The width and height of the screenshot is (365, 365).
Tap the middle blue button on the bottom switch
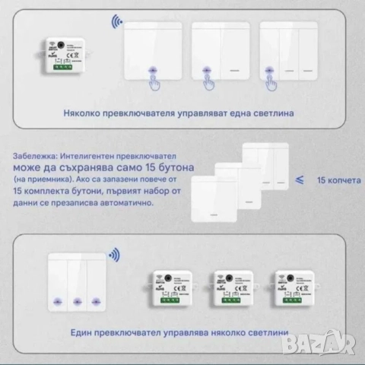pyautogui.click(x=76, y=301)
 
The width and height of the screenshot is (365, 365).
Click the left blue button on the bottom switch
pyautogui.click(x=56, y=301)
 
